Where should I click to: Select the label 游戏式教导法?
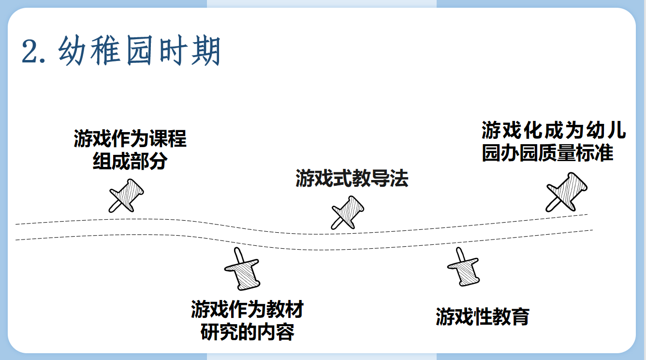(352, 179)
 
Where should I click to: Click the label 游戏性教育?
(482, 317)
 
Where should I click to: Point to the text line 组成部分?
(130, 161)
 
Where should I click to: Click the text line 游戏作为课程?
(130, 139)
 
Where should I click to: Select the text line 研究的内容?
(247, 332)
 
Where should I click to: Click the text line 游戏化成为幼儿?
(553, 131)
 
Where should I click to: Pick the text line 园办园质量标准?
(547, 153)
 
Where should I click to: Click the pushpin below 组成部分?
(126, 195)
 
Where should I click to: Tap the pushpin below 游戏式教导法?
(348, 212)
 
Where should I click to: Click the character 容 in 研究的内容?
(285, 332)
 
